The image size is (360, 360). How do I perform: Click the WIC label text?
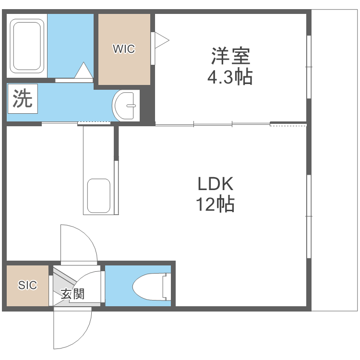tap(124, 48)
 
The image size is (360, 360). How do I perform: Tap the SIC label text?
tap(27, 285)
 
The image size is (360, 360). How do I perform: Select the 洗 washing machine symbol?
tap(22, 99)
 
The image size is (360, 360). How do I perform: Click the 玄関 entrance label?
tap(72, 294)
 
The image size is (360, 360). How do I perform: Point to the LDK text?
tap(215, 184)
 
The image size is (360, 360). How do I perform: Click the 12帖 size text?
tap(215, 205)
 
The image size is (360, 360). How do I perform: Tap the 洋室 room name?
tap(230, 57)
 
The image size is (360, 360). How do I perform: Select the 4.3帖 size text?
tap(230, 77)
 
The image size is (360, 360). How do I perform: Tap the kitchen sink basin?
tap(98, 195)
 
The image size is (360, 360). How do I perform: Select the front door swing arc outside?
tap(72, 331)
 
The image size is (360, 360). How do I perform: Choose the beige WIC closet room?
tap(124, 62)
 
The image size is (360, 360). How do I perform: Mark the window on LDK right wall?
tap(309, 216)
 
